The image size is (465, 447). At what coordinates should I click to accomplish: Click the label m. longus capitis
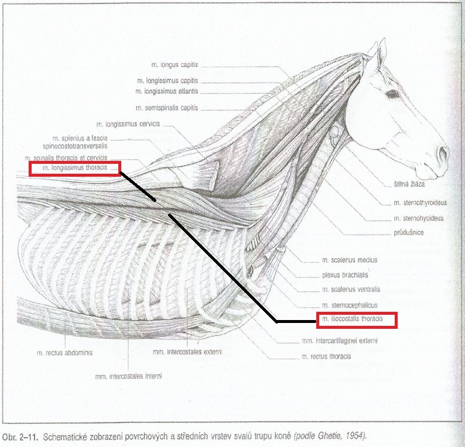coord(175,64)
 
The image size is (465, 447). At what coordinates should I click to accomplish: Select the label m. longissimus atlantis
coord(167,91)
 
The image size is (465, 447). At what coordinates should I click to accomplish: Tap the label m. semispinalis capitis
coord(167,108)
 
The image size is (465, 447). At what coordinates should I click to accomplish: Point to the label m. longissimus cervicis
coord(128,124)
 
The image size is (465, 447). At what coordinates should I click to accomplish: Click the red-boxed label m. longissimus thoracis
coord(75,168)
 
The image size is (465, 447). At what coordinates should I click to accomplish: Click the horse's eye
coord(392,95)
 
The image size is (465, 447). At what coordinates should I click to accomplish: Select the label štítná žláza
coord(409,184)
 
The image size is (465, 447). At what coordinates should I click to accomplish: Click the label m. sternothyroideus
coord(420,203)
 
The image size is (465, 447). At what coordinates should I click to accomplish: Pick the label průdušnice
coord(409,232)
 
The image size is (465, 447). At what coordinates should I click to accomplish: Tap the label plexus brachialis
coord(345,275)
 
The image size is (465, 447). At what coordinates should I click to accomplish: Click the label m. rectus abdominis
coord(64,353)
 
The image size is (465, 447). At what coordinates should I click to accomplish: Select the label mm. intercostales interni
coord(128,376)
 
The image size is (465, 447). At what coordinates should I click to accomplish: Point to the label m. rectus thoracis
coord(326,356)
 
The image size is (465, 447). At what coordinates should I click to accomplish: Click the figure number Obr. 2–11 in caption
coord(20,436)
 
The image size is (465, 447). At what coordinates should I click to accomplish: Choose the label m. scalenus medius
coord(350,260)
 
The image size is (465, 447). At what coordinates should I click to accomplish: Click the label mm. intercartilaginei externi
coord(340,341)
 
